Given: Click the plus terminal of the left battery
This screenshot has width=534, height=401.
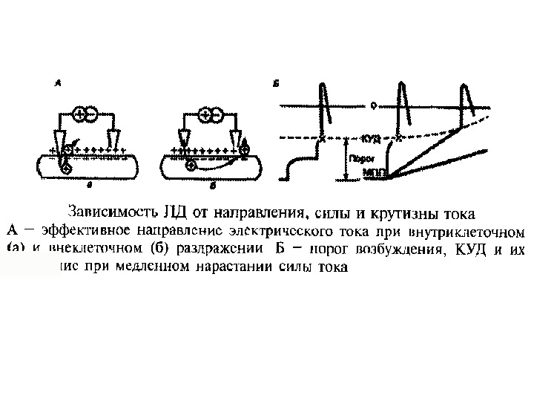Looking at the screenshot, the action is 80,114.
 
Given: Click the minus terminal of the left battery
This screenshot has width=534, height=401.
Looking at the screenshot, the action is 92,114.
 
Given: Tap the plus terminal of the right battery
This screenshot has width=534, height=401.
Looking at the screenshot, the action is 205,114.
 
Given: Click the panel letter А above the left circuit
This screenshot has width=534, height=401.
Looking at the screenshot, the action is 58,85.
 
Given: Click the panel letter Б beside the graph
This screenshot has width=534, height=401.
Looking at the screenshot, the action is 275,85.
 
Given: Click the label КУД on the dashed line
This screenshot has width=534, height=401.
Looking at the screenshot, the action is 372,138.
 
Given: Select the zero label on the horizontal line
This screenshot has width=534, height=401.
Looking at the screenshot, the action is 373,107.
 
